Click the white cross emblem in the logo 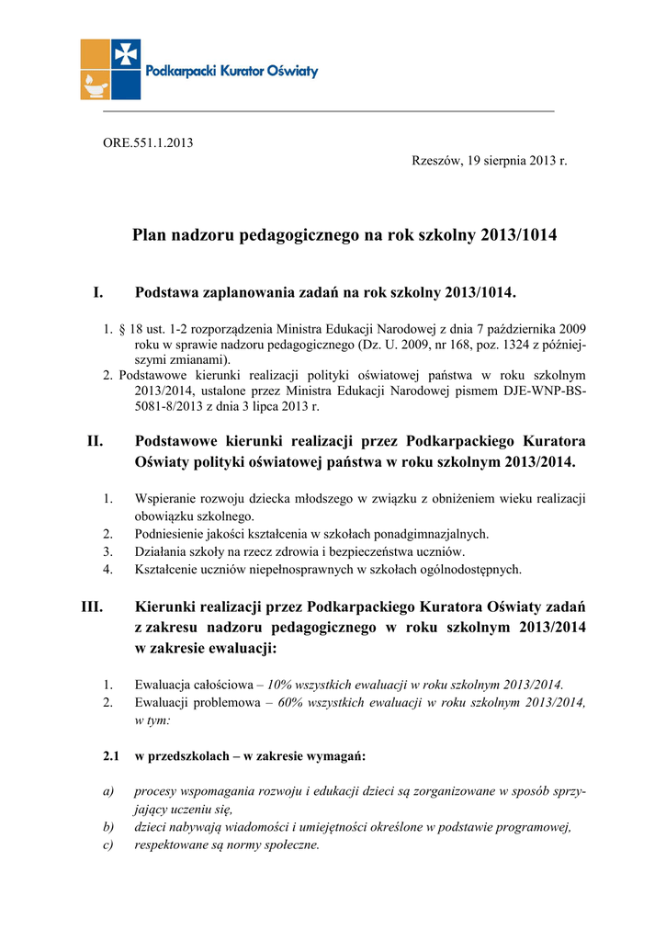[x=126, y=54]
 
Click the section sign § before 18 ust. [x=121, y=328]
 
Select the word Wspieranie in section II [x=166, y=499]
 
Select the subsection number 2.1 [x=112, y=756]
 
